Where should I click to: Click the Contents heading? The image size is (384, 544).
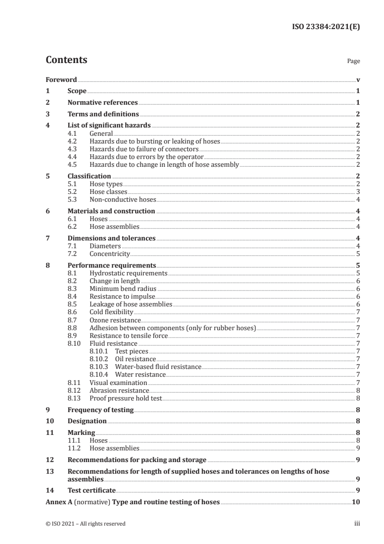tap(66, 60)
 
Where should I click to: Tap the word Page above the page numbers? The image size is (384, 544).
tap(353, 62)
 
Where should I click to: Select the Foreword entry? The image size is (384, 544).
tap(61, 80)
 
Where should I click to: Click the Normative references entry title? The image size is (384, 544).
tap(103, 102)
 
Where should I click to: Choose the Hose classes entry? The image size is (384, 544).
tap(106, 192)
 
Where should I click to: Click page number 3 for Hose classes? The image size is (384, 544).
tap(357, 192)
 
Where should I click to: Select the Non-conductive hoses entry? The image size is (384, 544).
tap(123, 199)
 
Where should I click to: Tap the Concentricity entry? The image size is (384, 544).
tap(110, 254)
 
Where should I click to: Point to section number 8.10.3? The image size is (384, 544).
tap(98, 367)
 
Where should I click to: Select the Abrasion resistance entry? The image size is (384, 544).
tap(119, 390)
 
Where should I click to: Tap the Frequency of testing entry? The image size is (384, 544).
tap(100, 410)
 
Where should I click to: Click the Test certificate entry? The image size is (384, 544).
tap(92, 490)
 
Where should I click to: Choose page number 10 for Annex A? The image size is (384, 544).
tap(355, 502)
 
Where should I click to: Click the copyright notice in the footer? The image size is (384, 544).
tap(85, 524)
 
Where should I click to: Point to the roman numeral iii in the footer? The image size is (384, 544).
tap(357, 524)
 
